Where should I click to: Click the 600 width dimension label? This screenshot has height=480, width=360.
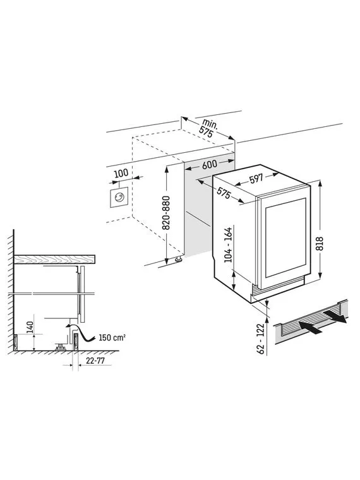pos(210,165)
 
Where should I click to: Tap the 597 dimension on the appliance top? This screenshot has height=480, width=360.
pos(256,179)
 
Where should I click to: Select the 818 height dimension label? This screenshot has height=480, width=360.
pos(320,244)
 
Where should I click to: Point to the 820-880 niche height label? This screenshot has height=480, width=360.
pos(166,213)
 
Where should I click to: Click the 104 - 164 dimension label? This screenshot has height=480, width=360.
pos(229,245)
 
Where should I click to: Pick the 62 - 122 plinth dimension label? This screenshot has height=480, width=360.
pos(261,339)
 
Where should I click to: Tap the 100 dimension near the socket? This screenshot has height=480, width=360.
pos(121,173)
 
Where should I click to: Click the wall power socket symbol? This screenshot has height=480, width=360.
pos(119,197)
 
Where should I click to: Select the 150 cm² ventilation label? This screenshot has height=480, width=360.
pos(112,338)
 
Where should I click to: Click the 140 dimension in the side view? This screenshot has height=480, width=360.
pos(30,328)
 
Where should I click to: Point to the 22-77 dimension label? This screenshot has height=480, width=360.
pos(95,361)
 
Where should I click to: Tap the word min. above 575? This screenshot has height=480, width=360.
pos(210,124)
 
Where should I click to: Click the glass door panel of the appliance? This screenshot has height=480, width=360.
pos(285,237)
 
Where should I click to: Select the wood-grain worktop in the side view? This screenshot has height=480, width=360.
pos(54,260)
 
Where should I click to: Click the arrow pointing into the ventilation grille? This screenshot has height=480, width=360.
pos(309,327)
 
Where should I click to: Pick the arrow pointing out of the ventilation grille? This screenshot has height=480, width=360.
pos(335,316)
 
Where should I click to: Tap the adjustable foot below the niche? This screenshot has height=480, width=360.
pos(178,260)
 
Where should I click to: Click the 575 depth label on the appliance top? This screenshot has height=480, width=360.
pos(224,193)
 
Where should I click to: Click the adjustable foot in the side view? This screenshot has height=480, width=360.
pos(60,347)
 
